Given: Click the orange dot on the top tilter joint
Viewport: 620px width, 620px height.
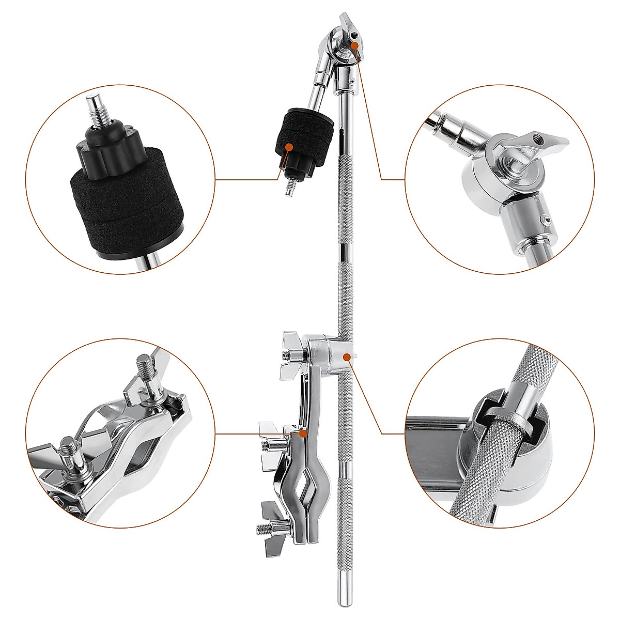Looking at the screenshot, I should point(354,45).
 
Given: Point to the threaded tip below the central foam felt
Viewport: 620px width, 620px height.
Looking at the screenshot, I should point(288,186).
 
